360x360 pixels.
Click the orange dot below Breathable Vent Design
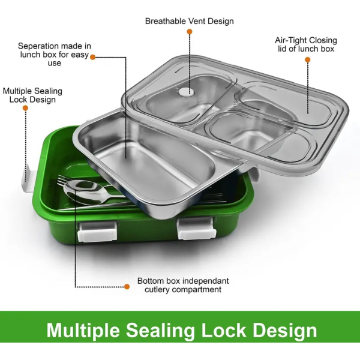coord(189,32)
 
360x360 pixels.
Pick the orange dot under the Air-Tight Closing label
coord(307,59)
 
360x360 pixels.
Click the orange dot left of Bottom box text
coord(127,286)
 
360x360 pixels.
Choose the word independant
coord(206,281)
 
